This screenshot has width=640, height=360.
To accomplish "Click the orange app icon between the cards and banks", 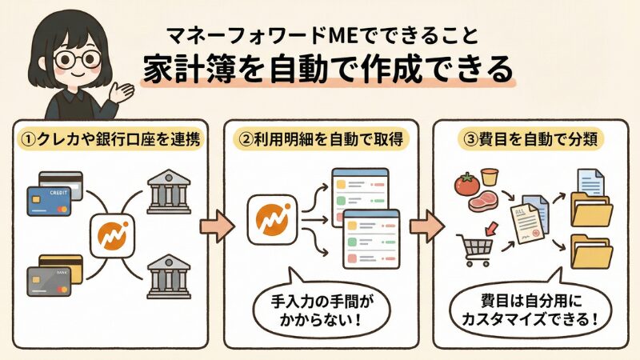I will click(110, 235).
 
